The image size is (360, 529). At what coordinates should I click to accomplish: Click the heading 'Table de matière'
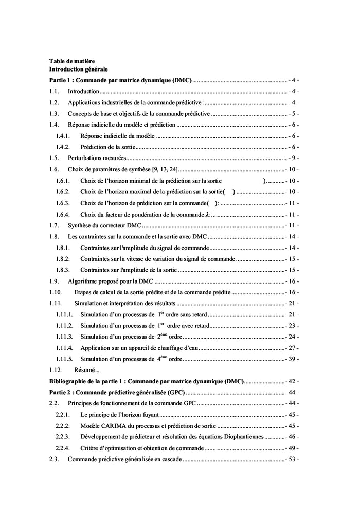click(71, 61)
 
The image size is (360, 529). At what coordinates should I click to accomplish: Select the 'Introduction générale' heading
click(78, 68)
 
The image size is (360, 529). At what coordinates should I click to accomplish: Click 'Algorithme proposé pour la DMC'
click(111, 281)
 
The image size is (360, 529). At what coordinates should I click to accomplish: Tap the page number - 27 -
click(292, 348)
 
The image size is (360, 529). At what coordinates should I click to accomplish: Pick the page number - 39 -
click(292, 359)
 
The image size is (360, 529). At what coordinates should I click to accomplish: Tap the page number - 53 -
click(292, 459)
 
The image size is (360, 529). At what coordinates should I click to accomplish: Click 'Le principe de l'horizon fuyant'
click(120, 414)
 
